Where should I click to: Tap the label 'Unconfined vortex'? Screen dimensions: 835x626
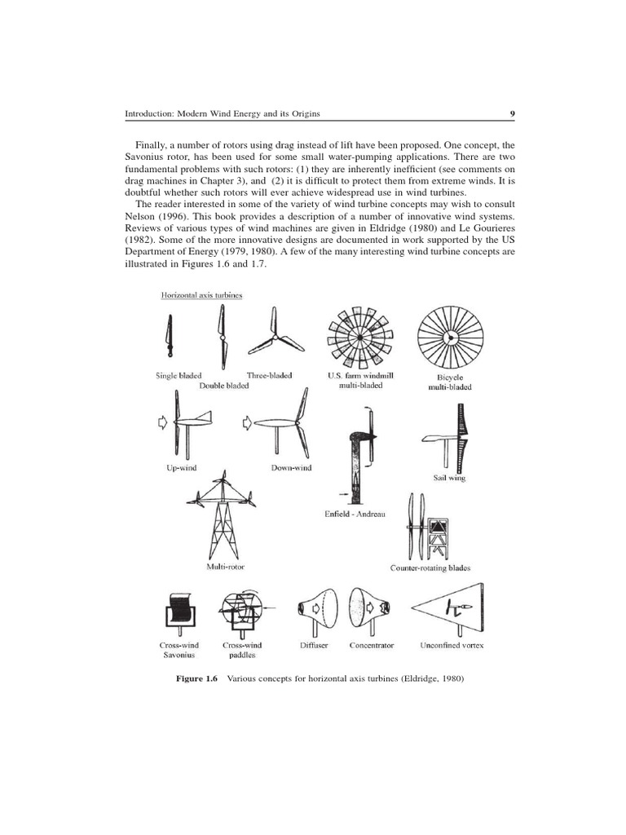[452, 645]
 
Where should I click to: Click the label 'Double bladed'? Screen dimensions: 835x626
[224, 386]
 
